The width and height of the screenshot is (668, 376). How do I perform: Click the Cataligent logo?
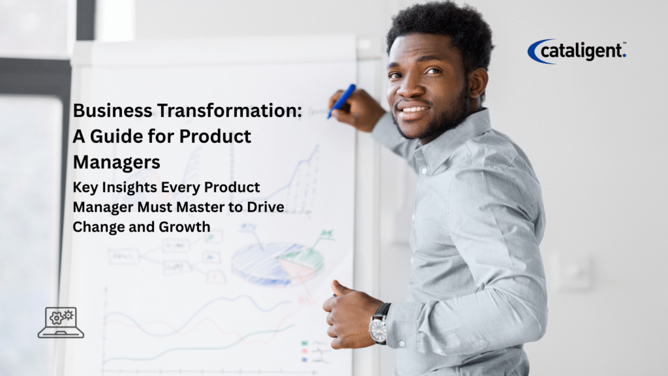point(577,51)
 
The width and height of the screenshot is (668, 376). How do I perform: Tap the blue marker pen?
point(342,101)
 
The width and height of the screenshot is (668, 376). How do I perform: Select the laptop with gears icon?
point(61,322)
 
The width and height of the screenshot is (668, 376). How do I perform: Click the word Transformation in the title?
point(230,110)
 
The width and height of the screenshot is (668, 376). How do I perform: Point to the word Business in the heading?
point(113,110)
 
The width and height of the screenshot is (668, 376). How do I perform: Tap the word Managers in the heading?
point(117,163)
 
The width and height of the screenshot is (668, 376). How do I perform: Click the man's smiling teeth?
point(413,110)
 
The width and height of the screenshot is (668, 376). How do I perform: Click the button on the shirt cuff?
point(401,343)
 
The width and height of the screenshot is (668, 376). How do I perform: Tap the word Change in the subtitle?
point(99,227)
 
